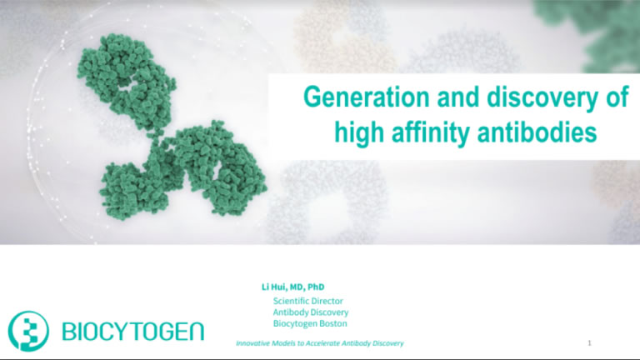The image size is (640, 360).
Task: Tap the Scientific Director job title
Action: click(308, 300)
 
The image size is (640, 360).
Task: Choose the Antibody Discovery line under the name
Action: click(311, 312)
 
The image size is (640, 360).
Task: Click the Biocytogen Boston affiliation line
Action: click(310, 323)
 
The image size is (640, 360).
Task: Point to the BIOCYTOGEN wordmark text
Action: click(133, 331)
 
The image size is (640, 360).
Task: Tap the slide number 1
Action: click(589, 342)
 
